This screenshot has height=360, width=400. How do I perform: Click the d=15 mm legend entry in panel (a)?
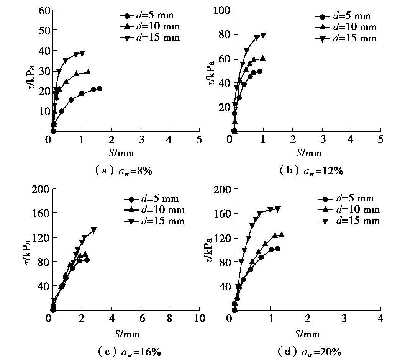pyautogui.click(x=149, y=38)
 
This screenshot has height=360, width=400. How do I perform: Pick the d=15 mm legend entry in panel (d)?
pyautogui.click(x=348, y=221)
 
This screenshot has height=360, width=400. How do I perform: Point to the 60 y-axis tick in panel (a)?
pyautogui.click(x=45, y=10)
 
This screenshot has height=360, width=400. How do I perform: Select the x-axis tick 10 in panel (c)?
pyautogui.click(x=199, y=318)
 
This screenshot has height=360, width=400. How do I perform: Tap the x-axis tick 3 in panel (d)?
pyautogui.click(x=344, y=318)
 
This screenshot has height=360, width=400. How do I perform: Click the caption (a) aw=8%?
pyautogui.click(x=123, y=171)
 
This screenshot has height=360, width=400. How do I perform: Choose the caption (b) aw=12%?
pyautogui.click(x=311, y=171)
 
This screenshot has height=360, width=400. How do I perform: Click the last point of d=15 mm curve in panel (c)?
pyautogui.click(x=93, y=230)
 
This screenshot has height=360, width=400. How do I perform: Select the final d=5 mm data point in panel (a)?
pyautogui.click(x=100, y=88)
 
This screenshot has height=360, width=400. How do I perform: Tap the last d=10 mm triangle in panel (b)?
pyautogui.click(x=262, y=58)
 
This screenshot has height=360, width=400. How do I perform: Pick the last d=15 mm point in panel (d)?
pyautogui.click(x=278, y=209)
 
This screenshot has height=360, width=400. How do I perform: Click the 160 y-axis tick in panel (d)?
pyautogui.click(x=223, y=213)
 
